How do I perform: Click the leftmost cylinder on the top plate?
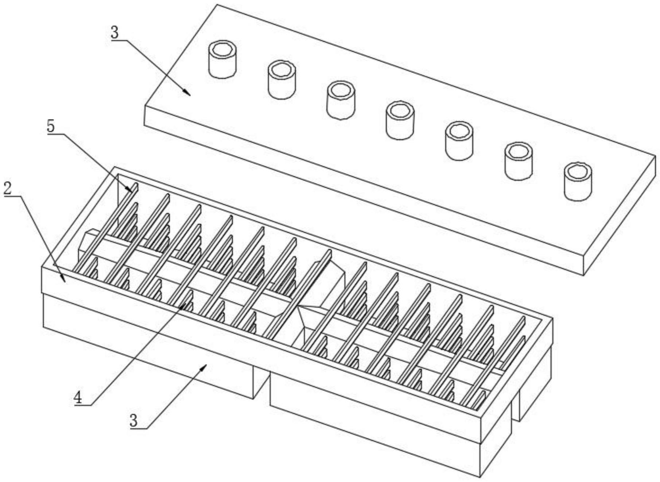coord(222,59)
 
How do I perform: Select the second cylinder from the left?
coord(282,80)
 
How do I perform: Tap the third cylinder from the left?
coord(341,100)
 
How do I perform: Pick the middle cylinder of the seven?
coord(400,120)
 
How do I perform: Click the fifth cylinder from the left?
coord(459,141)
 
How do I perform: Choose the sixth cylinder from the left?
coord(519,161)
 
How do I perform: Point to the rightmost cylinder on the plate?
coord(578,181)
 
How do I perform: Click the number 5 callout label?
coord(51,126)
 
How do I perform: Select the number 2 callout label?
coord(8,188)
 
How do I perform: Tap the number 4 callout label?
coord(78,397)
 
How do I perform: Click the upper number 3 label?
coord(114,33)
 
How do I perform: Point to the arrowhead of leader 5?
coord(130,189)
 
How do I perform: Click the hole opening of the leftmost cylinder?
coord(222,49)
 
